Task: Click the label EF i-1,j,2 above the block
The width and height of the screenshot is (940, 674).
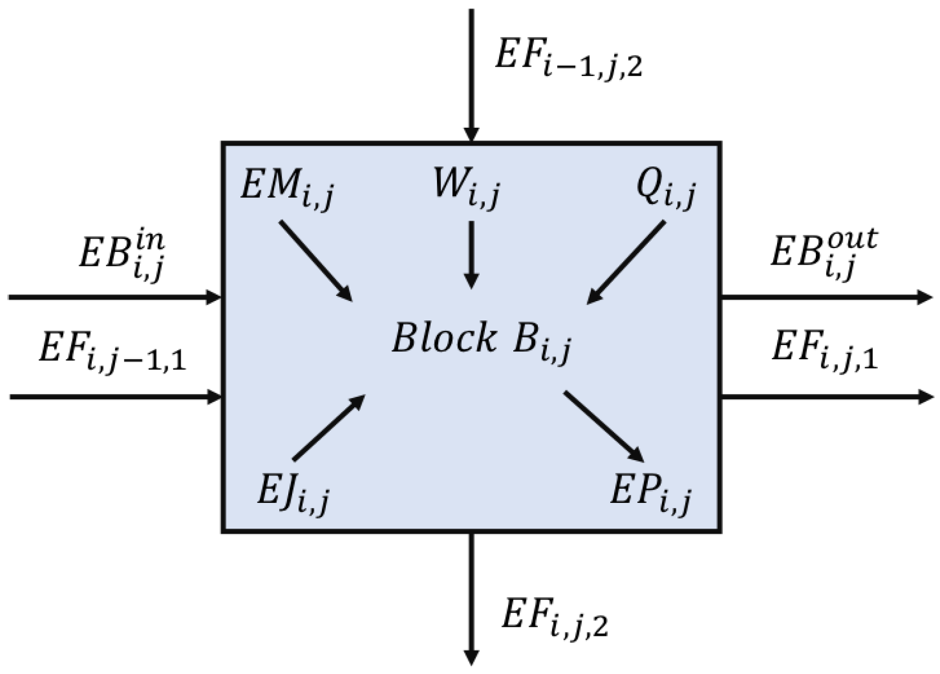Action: [569, 59]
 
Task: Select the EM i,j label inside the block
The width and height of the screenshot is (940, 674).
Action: [288, 190]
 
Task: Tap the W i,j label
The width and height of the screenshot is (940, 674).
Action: [466, 190]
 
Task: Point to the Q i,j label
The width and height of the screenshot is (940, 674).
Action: [666, 190]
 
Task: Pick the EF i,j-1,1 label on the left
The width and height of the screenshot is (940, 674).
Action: [112, 351]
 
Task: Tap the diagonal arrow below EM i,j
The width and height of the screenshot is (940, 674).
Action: [316, 261]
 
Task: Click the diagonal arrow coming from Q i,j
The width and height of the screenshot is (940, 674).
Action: [626, 262]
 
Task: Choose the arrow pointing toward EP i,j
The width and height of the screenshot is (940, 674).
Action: [604, 427]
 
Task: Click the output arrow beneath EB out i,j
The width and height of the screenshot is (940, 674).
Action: [827, 297]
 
